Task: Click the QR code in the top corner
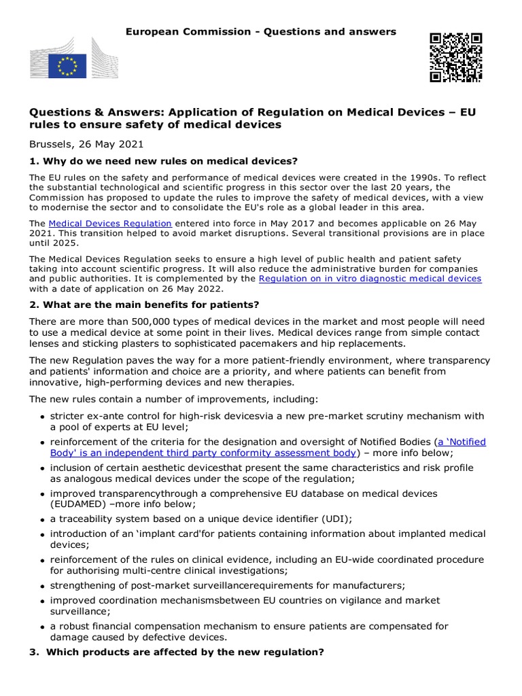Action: point(455,57)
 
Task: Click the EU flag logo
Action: point(67,65)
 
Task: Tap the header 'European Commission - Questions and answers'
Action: point(261,32)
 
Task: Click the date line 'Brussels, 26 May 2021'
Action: point(86,144)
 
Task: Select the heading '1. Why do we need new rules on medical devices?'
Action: point(163,161)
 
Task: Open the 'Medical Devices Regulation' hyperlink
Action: point(110,224)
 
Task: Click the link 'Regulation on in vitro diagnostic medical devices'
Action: point(370,279)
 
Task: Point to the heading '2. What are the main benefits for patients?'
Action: point(144,304)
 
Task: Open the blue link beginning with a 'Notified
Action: point(462,442)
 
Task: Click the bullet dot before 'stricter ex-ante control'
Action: point(43,417)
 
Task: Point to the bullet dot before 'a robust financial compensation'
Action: point(43,627)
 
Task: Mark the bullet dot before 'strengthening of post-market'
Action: point(43,586)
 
